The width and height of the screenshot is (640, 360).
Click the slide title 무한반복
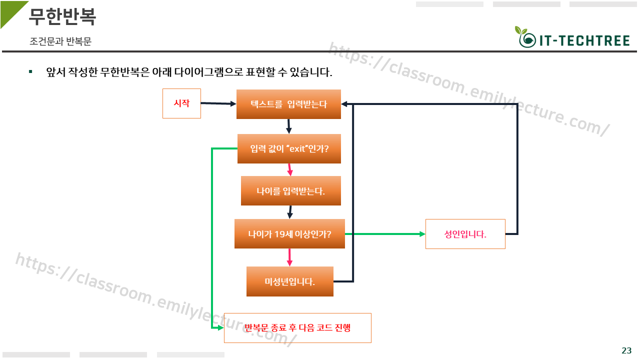62,17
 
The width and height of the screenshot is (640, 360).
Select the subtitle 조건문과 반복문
60,42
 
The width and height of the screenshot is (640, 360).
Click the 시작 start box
181,103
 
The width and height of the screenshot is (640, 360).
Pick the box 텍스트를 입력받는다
288,104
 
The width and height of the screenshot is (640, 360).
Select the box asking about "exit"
289,148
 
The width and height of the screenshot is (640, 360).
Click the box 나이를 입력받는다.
290,190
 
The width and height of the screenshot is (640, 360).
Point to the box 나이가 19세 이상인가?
289,233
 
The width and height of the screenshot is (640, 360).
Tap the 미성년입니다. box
289,281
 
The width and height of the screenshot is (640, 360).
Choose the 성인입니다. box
465,233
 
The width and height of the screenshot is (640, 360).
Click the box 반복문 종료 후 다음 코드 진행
297,327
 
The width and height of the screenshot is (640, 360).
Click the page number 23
626,350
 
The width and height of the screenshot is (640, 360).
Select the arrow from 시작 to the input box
218,103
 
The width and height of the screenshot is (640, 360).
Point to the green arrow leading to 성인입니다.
385,233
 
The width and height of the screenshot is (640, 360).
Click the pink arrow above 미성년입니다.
289,257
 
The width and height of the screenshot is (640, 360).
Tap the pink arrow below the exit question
289,169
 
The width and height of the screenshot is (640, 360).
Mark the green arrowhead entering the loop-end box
219,328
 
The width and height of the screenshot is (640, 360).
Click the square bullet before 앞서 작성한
30,72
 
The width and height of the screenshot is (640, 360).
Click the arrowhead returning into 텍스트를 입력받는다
345,104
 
